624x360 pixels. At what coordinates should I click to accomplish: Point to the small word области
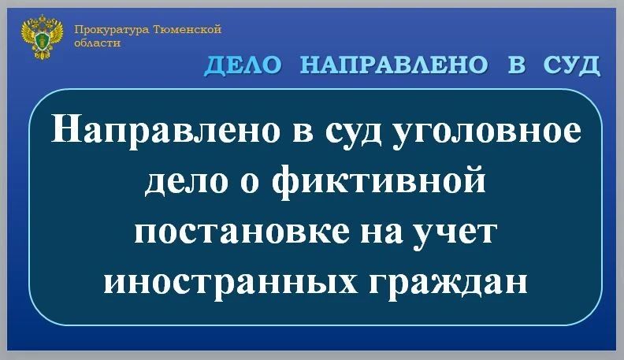98,43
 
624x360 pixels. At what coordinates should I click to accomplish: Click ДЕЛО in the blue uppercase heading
243,65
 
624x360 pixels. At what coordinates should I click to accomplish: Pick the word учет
459,232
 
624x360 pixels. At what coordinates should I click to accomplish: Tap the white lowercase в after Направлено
292,131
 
